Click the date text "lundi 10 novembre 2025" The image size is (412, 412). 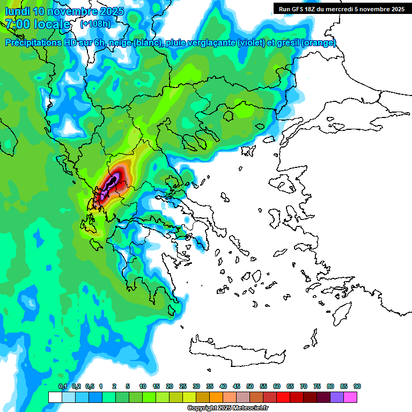(64, 11)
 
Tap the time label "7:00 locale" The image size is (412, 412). (38, 24)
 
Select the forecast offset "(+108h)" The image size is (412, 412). (95, 24)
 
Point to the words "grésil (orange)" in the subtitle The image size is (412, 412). (305, 43)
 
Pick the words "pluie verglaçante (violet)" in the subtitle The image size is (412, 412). (219, 43)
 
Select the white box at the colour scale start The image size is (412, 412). (55, 397)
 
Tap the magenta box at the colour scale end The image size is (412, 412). (350, 397)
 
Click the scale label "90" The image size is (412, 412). (357, 386)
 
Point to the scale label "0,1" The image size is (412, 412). (62, 386)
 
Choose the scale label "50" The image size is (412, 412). (250, 386)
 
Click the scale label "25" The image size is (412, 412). (183, 386)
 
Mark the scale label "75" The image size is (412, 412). (317, 386)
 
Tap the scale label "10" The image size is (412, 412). (143, 386)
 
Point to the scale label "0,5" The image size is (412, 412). (89, 386)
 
